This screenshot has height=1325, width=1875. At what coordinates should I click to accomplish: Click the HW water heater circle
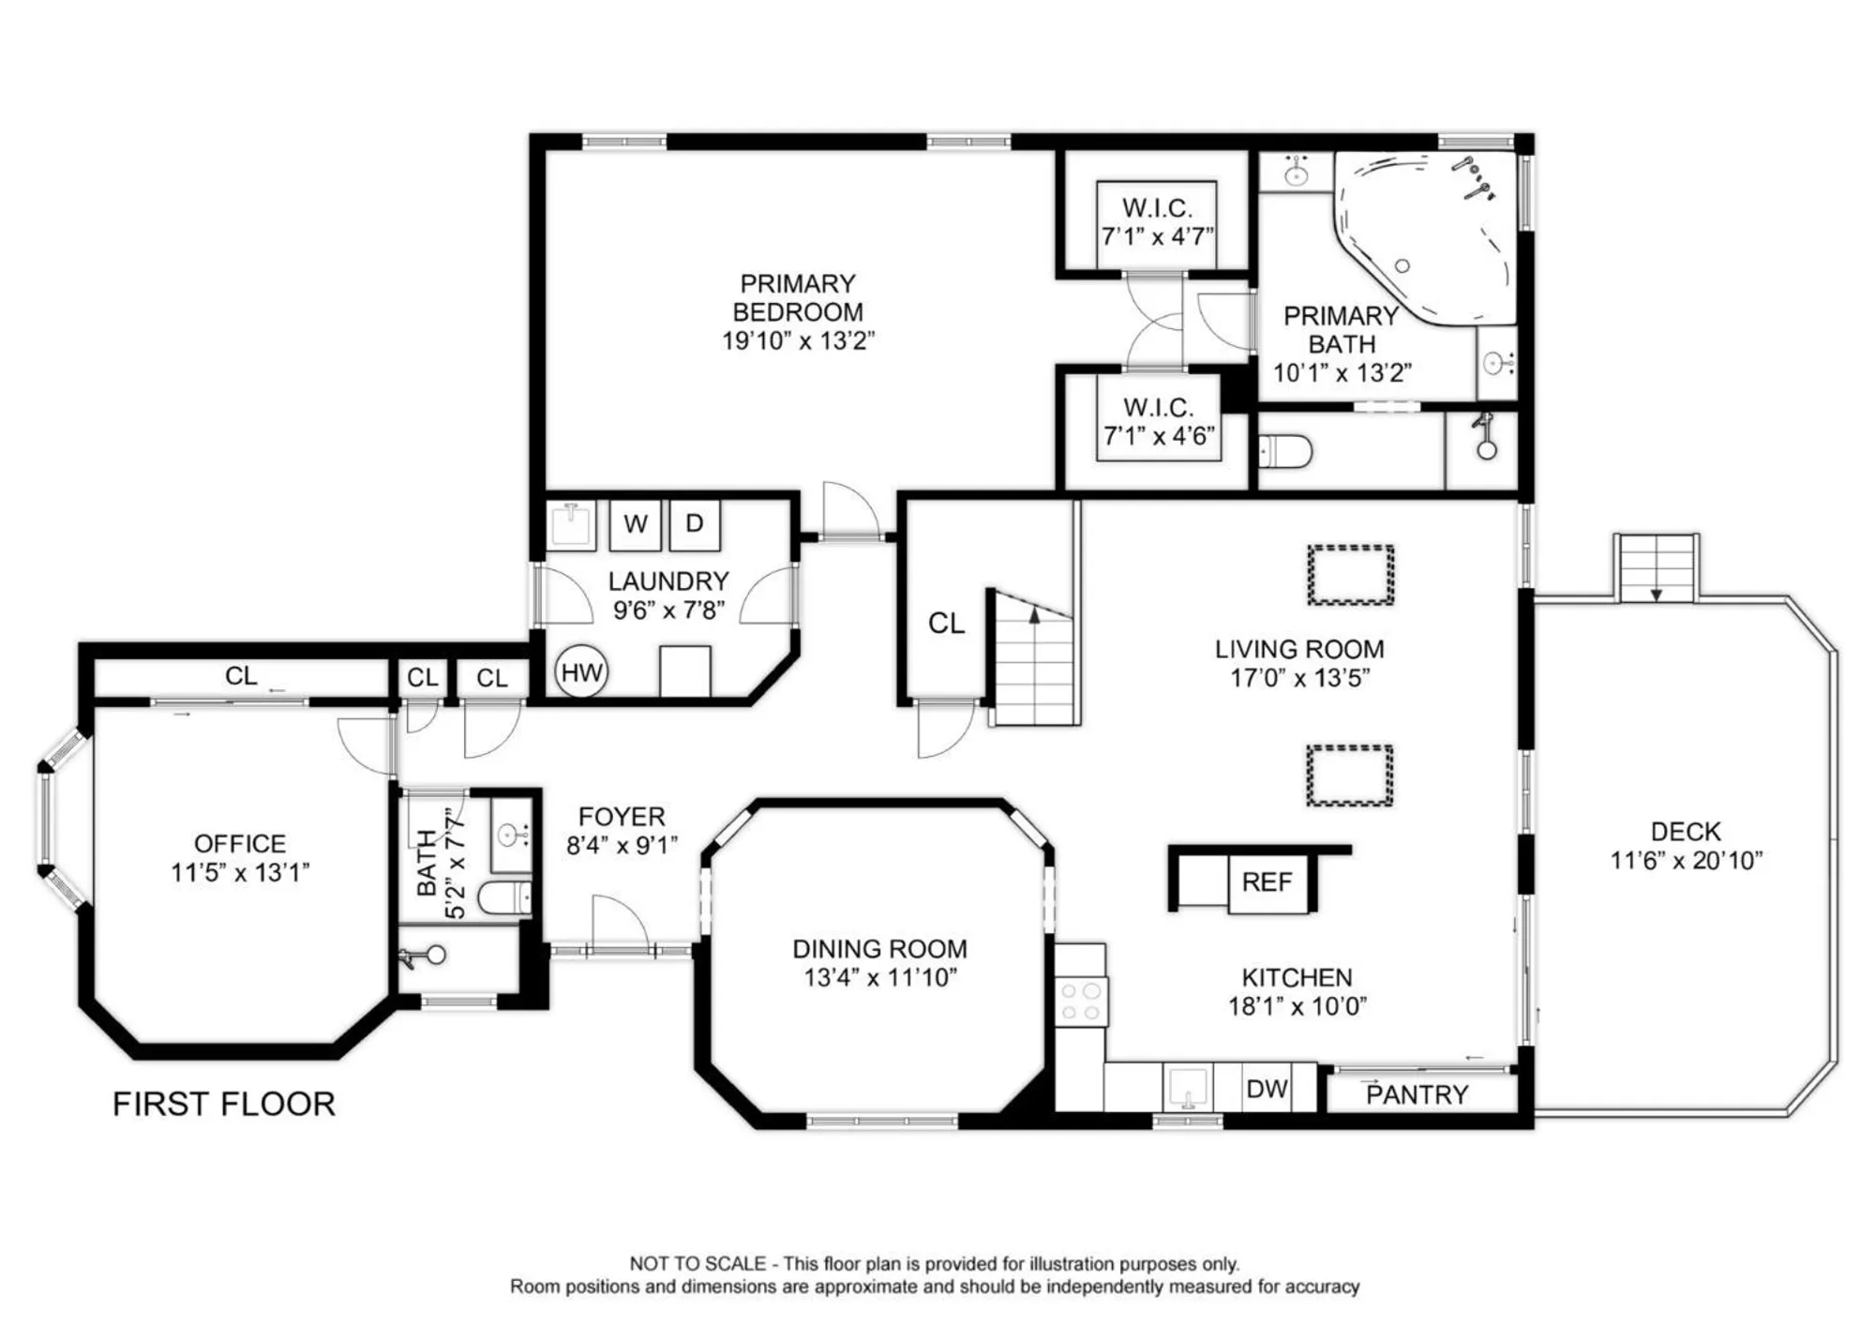(x=581, y=671)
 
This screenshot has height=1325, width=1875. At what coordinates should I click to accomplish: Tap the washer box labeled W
(x=635, y=524)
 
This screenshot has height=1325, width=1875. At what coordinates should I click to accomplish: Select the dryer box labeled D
(x=694, y=524)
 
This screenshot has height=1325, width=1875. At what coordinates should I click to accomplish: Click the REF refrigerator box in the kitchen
(x=1267, y=882)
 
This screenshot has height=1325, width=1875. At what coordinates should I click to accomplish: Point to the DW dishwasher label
(x=1267, y=1089)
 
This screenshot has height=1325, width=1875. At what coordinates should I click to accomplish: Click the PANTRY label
(x=1417, y=1094)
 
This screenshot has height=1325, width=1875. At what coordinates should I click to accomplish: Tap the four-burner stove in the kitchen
(x=1080, y=1001)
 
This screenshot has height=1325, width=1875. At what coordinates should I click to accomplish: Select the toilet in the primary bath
(x=1283, y=452)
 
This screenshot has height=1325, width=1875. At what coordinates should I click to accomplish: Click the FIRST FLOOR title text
(x=224, y=1104)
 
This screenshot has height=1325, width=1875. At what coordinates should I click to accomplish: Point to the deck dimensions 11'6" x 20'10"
(x=1686, y=860)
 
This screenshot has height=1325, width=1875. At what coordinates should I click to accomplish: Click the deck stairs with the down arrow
(x=1657, y=568)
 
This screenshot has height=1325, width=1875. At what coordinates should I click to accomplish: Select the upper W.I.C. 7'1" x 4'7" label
(x=1157, y=221)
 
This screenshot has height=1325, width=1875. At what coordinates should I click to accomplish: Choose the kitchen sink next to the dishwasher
(x=1188, y=1088)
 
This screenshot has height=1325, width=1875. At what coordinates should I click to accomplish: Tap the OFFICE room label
(x=240, y=843)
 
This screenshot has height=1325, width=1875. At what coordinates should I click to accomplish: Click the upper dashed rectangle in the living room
(x=1350, y=575)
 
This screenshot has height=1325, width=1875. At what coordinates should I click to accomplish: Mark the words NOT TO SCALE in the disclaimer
(x=697, y=1263)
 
